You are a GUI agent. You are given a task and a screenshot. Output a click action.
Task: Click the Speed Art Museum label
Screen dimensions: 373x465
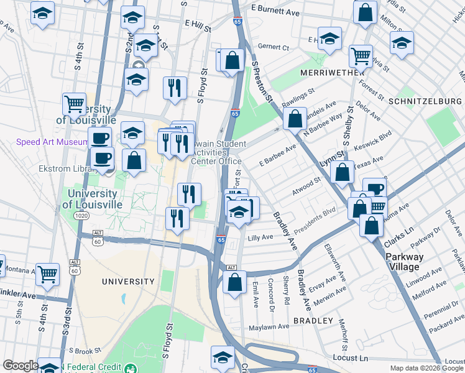53,142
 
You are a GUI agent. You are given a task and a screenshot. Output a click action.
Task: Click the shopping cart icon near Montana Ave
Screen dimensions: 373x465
47,274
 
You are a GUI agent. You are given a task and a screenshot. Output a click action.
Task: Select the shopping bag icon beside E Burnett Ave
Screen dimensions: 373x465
365,11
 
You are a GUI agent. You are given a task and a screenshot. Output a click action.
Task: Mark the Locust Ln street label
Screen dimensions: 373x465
351,359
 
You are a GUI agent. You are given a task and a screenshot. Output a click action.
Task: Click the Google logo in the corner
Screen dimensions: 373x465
21,366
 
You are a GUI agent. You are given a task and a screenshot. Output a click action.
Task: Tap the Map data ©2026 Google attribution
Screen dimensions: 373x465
426,368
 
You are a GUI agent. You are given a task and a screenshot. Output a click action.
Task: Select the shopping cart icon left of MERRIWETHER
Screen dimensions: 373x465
360,56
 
